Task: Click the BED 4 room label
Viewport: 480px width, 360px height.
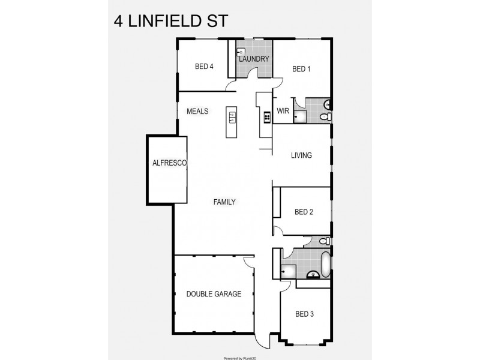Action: click(204, 67)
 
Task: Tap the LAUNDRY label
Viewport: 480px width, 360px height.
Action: click(253, 59)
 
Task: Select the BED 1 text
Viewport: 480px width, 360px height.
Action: click(301, 69)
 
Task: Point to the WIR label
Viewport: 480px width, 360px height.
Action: click(283, 111)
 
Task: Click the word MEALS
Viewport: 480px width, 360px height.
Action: click(197, 112)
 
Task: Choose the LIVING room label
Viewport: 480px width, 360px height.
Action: click(301, 155)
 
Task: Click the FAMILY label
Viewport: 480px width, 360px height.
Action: click(224, 202)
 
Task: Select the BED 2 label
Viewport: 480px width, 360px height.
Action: click(304, 212)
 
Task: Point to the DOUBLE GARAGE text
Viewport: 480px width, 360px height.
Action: click(214, 294)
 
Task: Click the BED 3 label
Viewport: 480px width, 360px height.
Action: click(304, 314)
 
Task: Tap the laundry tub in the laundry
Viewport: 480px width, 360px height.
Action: click(241, 52)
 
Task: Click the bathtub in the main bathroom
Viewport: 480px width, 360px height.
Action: click(325, 265)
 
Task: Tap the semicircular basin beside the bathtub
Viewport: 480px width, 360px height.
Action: click(312, 275)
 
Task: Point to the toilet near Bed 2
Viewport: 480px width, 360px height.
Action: click(323, 241)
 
